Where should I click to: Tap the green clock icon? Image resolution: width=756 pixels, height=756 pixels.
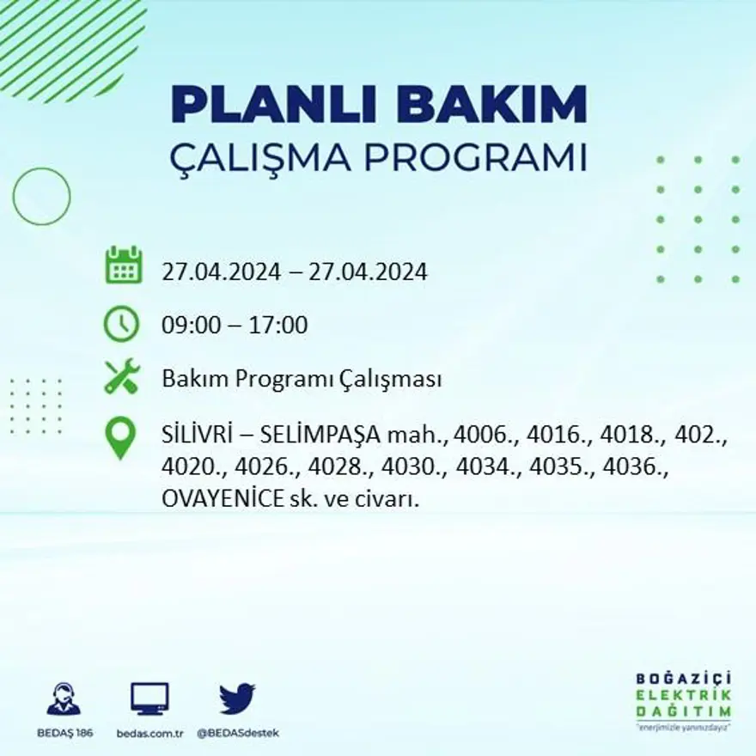(121, 325)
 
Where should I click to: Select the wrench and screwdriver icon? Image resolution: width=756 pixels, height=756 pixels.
(121, 376)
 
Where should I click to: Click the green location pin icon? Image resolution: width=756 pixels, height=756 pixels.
(120, 437)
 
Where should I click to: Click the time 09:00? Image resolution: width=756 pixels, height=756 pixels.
(189, 326)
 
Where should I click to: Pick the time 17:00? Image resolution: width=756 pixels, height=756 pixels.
(279, 326)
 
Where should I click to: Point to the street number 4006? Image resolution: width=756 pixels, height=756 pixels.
(482, 437)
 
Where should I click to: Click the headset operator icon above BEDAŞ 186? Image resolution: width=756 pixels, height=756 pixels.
(64, 699)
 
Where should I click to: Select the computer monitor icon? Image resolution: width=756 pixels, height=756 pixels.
(149, 699)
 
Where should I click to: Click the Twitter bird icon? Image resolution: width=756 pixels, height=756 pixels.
(236, 698)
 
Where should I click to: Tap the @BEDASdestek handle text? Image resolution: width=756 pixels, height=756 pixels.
(238, 733)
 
